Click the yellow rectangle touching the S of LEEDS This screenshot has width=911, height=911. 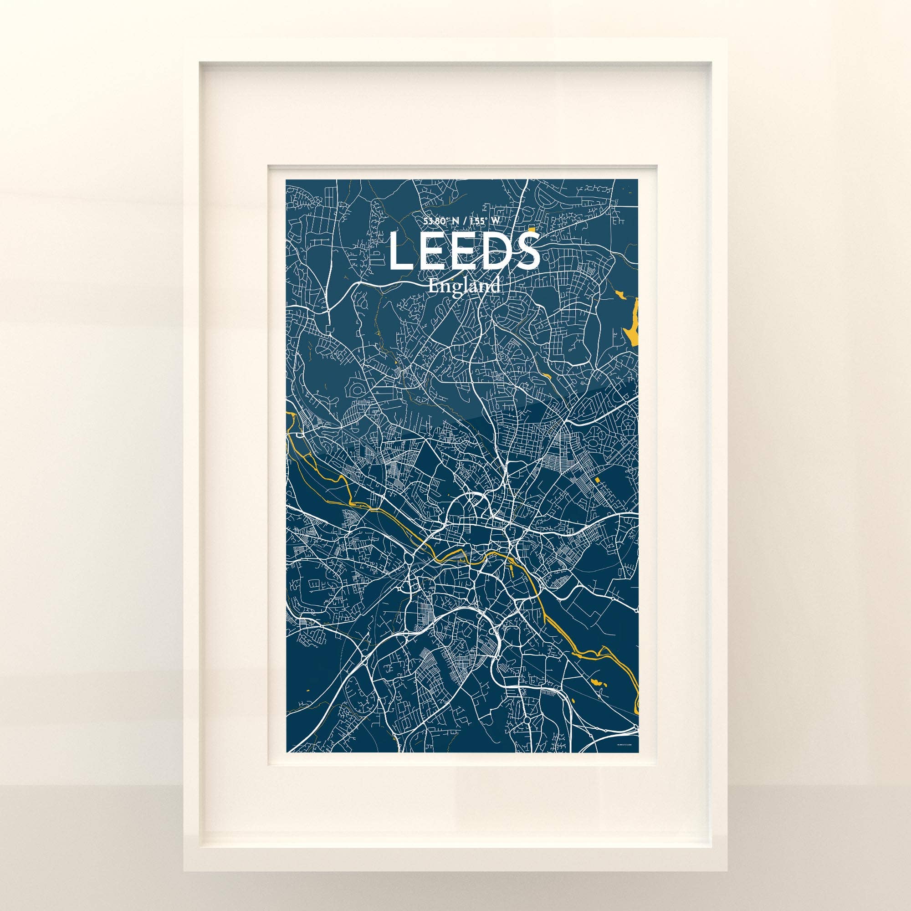point(532,231)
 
